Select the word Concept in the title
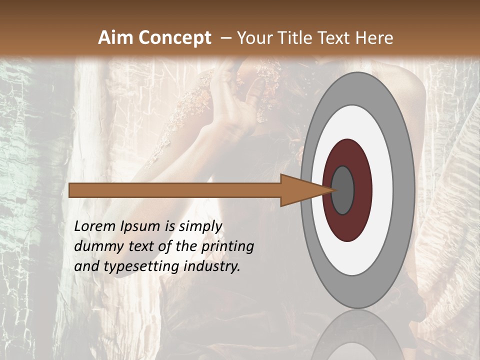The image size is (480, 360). tap(175, 38)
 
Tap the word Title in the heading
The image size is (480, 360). tap(300, 38)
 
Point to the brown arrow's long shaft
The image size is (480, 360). tap(175, 190)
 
